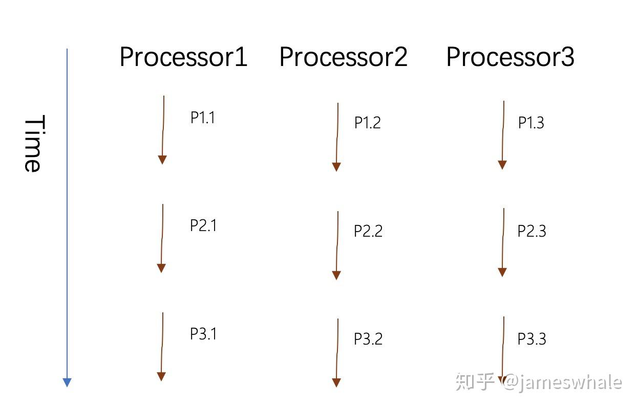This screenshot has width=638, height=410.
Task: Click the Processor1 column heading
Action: [x=183, y=57]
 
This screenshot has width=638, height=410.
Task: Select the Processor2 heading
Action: [x=343, y=57]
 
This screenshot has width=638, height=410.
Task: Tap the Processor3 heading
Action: [x=510, y=57]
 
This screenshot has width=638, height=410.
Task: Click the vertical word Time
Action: [x=33, y=144]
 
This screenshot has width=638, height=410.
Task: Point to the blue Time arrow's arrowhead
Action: [x=67, y=382]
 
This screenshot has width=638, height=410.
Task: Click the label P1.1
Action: [x=203, y=118]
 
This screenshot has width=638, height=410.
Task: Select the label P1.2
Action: [x=368, y=123]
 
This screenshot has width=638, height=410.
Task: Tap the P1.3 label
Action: [x=531, y=123]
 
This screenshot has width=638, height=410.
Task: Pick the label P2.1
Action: [x=203, y=225]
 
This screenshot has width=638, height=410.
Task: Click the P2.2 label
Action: [x=368, y=231]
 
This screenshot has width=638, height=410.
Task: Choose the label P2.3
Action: [x=531, y=231]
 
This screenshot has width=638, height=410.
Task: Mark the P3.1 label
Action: [x=203, y=334]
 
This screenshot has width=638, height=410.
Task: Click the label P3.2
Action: [x=368, y=339]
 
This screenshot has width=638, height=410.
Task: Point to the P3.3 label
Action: [x=531, y=339]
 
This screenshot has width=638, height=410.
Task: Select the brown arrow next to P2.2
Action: [x=337, y=245]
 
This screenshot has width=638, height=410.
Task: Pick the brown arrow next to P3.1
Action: [x=162, y=346]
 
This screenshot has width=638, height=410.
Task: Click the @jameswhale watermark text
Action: [x=562, y=382]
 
